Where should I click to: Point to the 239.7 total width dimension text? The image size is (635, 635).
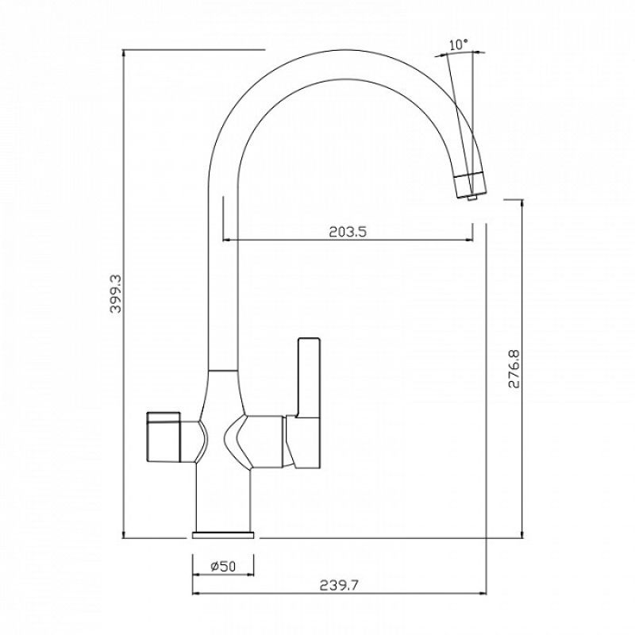[340, 586]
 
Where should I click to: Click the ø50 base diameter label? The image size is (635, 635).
[223, 566]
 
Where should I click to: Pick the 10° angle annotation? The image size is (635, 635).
[458, 45]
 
